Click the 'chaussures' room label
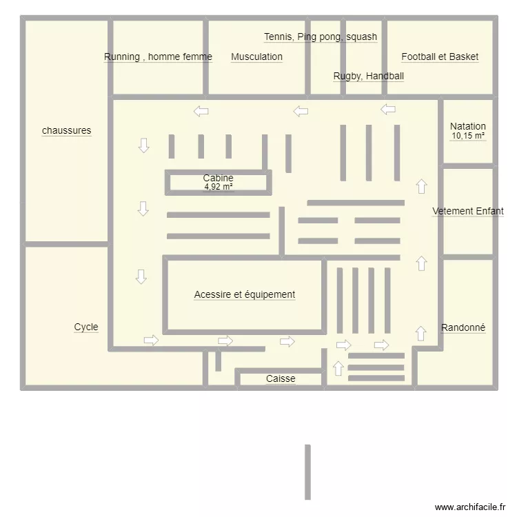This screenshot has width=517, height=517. [67, 130]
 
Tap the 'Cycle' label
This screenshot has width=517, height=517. [86, 327]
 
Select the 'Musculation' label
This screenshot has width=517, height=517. [256, 57]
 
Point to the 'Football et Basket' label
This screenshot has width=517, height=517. [440, 57]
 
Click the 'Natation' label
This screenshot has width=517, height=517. [468, 126]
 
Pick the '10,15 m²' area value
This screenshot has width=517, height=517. [468, 136]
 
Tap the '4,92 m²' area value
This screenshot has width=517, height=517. [219, 187]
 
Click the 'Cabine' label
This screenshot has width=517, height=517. [219, 178]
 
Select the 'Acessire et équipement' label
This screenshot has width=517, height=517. [245, 294]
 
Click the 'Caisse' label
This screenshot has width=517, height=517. [281, 378]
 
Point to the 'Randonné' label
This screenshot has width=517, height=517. [463, 327]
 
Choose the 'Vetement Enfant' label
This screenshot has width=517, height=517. [468, 211]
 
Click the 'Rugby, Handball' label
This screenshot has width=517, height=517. [369, 76]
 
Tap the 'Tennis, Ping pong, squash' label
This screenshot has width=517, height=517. [321, 37]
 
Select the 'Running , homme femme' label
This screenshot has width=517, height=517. [158, 57]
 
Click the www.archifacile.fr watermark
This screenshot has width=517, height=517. [470, 507]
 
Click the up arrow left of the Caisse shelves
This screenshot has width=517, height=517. [338, 368]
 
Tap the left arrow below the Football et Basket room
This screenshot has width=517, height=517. [388, 109]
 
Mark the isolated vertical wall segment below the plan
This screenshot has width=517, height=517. [307, 472]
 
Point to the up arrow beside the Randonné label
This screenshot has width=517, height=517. [420, 334]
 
